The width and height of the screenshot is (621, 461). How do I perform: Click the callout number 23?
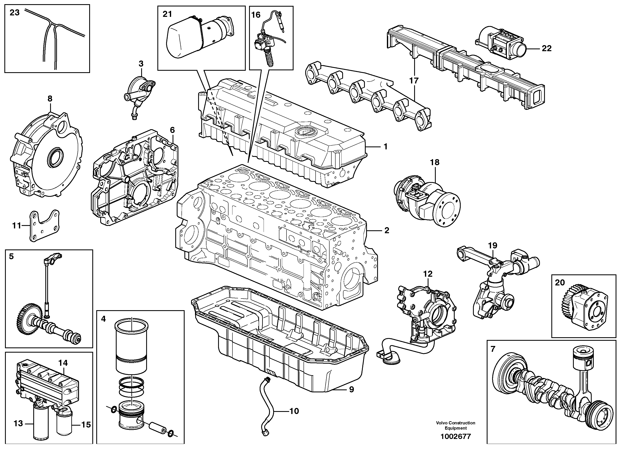pos(15,13)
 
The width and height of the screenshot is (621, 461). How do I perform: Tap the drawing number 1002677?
pos(455,436)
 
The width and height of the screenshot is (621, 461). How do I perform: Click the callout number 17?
pos(414,81)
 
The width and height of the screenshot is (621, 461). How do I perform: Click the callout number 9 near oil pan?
pos(351,389)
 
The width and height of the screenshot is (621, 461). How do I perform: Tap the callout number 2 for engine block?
pos(386,230)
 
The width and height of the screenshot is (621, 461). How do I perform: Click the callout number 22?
pos(547,48)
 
